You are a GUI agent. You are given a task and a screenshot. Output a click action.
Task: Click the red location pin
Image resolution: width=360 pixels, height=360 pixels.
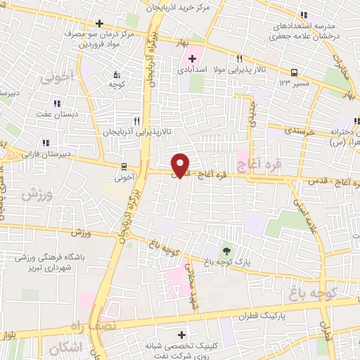[181, 165]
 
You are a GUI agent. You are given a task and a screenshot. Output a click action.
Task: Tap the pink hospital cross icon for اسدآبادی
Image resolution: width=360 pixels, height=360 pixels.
[192, 57]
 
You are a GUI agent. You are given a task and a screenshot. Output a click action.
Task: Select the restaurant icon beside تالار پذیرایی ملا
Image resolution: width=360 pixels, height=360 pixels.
[240, 58]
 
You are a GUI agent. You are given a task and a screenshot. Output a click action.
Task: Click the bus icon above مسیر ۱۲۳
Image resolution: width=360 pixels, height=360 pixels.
[294, 72]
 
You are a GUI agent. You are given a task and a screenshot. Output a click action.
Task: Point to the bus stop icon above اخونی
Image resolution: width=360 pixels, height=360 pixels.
[124, 167]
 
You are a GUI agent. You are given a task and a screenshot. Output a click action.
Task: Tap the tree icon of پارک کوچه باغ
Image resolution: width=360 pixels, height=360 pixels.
[226, 250]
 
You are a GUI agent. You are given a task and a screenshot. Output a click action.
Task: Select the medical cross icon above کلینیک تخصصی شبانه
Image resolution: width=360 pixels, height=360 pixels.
[183, 335]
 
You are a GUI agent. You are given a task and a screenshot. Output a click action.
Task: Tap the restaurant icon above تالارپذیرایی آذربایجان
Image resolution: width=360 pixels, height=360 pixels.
[137, 120]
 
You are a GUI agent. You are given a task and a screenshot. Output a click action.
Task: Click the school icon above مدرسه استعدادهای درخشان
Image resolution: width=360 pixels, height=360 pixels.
[304, 14]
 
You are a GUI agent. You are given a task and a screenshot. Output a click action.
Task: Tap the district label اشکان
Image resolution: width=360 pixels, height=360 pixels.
[66, 347]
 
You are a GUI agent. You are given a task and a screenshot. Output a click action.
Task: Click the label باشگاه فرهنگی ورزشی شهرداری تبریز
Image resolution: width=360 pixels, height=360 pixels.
[53, 263]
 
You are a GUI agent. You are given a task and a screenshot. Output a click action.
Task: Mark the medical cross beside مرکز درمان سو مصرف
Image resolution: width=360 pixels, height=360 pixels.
[99, 24]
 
